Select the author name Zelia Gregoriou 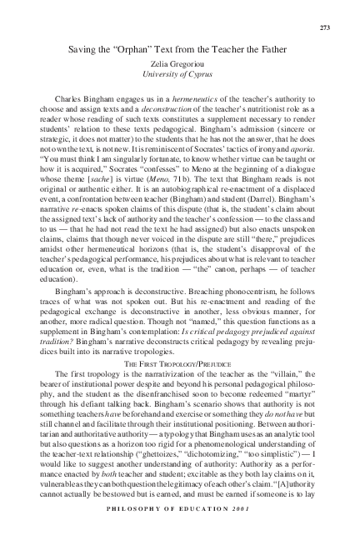click(181, 64)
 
